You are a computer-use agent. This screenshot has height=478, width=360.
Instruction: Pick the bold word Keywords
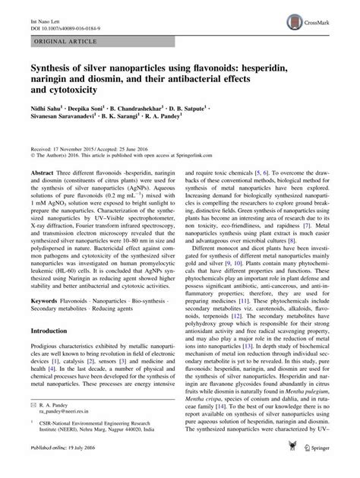[x=44, y=322]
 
